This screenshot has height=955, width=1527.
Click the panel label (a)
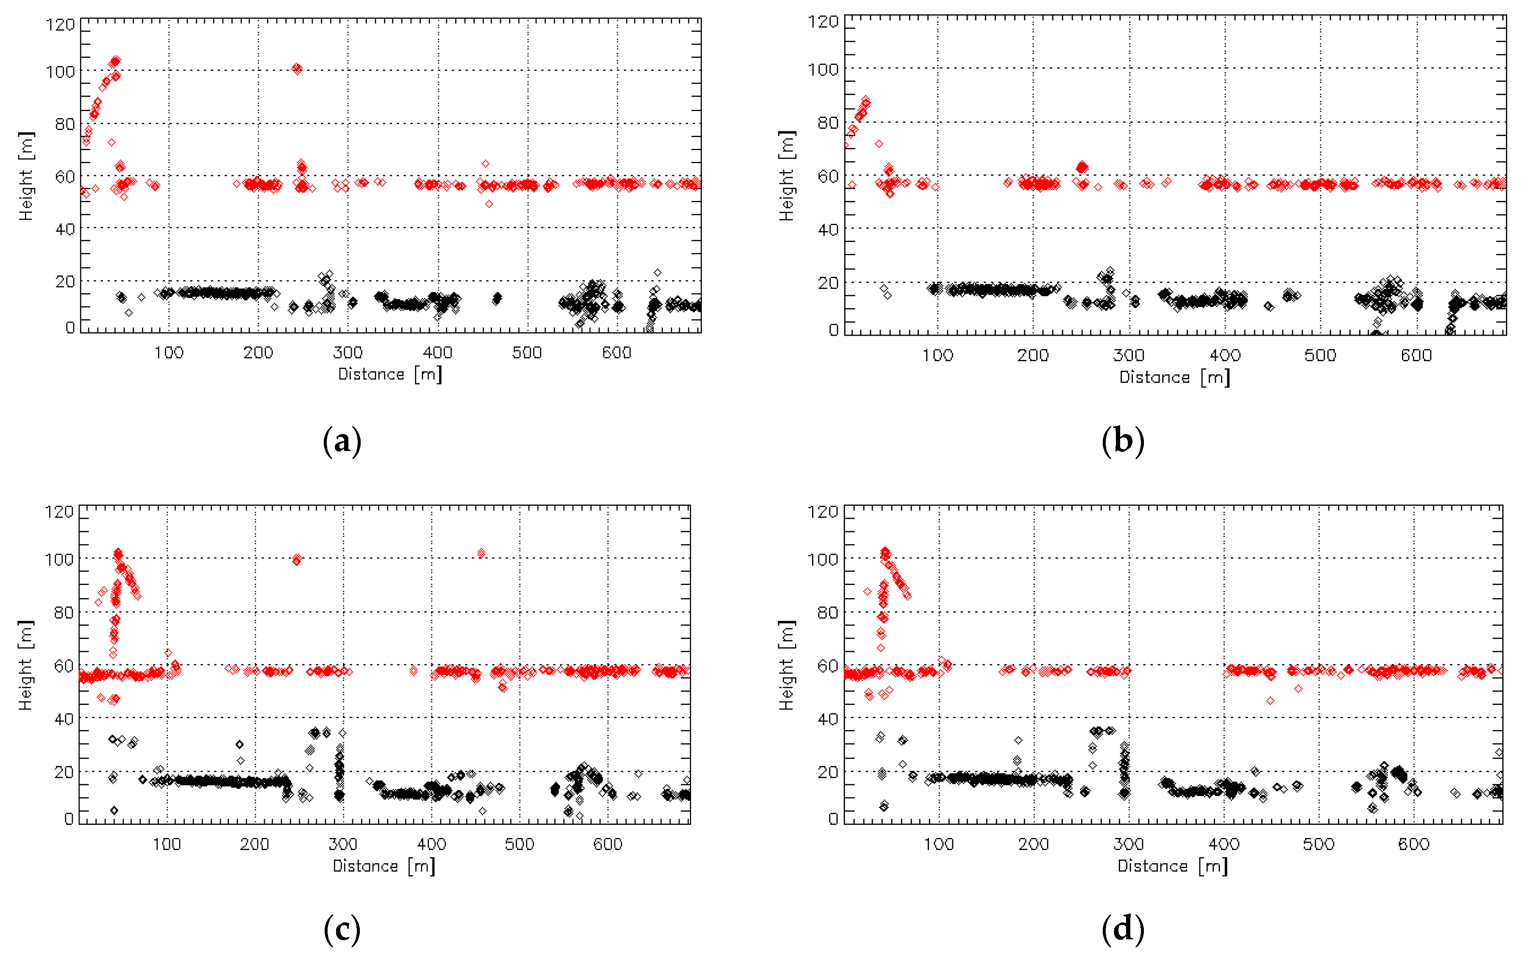[x=342, y=441]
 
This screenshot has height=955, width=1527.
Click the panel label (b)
[x=1122, y=441]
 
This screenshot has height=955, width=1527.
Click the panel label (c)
[x=342, y=929]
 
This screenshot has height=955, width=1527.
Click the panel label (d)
[x=1122, y=929]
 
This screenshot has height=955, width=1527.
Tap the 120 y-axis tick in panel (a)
[x=60, y=25]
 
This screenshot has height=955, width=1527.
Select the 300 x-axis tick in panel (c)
[x=343, y=844]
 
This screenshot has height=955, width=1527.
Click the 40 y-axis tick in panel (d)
[x=827, y=719]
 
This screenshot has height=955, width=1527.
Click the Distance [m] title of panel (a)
[x=389, y=375]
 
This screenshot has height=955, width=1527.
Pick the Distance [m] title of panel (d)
[x=1172, y=866]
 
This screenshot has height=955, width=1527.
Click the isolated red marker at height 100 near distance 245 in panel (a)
[x=297, y=69]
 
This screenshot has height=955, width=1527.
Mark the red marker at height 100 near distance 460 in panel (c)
[x=481, y=553]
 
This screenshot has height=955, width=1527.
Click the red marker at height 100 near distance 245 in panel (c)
[x=297, y=560]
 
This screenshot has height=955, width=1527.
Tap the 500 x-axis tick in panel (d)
[x=1318, y=844]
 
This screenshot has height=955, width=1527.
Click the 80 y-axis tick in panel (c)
[x=64, y=613]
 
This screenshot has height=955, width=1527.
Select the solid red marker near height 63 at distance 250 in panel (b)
[x=1082, y=167]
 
